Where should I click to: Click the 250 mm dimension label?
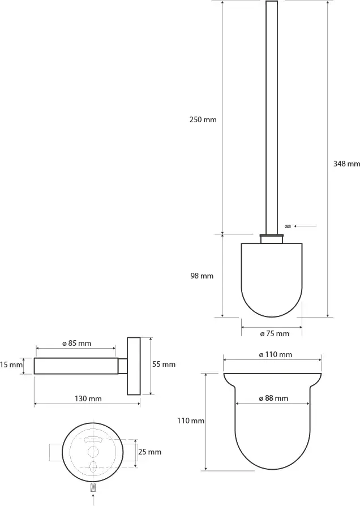pos(203,120)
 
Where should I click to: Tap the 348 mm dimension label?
pos(346,164)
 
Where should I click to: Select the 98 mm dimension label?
pos(202,276)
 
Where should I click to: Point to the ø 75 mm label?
pos(275,334)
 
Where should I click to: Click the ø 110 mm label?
pos(276,355)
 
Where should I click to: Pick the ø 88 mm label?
pos(273,398)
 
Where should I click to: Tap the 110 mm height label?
pos(191,421)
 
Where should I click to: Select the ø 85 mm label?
pos(76,344)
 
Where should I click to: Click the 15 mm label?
pos(11,365)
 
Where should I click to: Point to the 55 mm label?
pos(164,365)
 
